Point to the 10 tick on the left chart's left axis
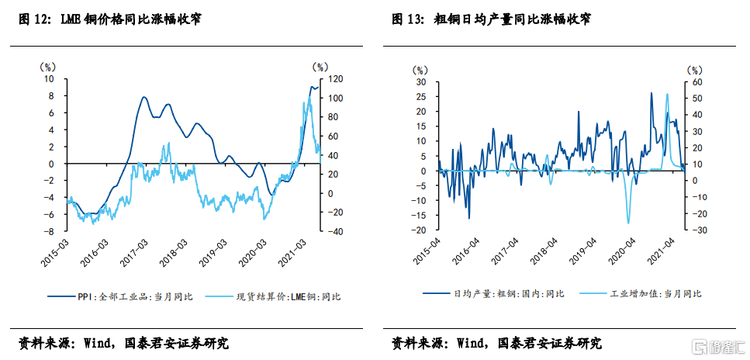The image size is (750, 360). pyautogui.click(x=49, y=78)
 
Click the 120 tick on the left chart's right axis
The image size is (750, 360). pyautogui.click(x=336, y=78)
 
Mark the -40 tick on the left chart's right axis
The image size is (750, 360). pyautogui.click(x=335, y=231)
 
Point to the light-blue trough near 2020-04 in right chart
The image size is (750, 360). pyautogui.click(x=628, y=223)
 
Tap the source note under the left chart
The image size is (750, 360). pyautogui.click(x=124, y=343)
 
